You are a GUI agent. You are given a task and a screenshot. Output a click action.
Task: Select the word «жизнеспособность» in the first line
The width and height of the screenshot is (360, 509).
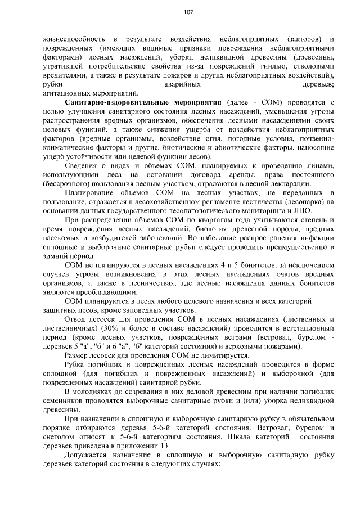[74, 39]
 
